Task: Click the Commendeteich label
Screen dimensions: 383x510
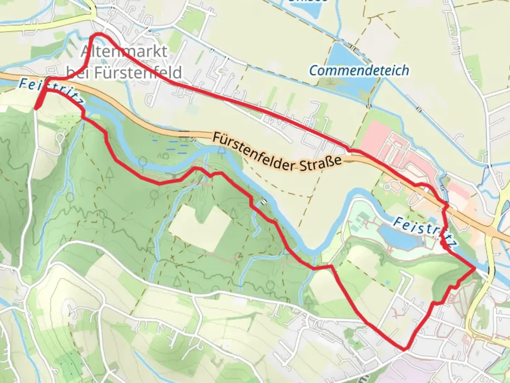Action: pos(359,71)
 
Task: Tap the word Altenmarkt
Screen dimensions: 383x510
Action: pos(124,52)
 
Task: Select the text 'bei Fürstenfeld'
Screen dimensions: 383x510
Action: pos(125,73)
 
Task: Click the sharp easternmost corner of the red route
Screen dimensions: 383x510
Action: pos(474,268)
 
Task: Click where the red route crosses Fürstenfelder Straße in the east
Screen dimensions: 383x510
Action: pos(446,206)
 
